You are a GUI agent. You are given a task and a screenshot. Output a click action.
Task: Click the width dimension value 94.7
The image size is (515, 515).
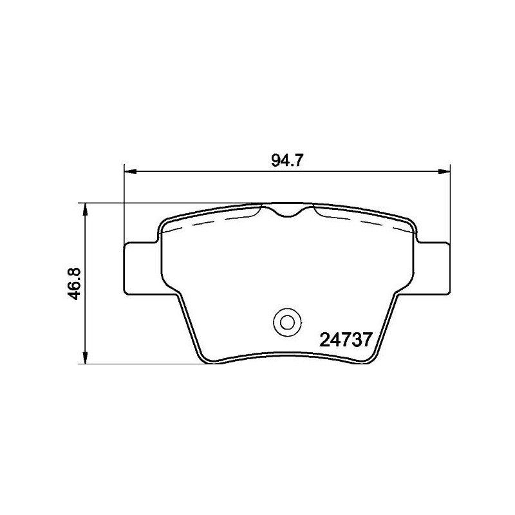pos(286,160)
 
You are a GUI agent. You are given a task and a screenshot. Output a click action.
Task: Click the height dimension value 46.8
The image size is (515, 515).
pos(74,283)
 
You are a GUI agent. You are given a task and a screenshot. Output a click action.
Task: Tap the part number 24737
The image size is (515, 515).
pos(346,340)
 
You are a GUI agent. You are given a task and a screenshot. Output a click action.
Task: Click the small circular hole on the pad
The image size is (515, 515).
pos(287,323)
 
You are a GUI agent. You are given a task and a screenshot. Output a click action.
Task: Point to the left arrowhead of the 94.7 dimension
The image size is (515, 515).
pos(131,171)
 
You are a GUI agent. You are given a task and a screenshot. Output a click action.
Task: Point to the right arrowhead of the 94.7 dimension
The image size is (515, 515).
pos(444,171)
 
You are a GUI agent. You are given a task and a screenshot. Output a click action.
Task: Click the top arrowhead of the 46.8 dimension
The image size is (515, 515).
pos(85,209)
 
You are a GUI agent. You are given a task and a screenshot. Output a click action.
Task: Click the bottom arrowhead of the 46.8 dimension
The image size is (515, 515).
pos(85,358)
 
